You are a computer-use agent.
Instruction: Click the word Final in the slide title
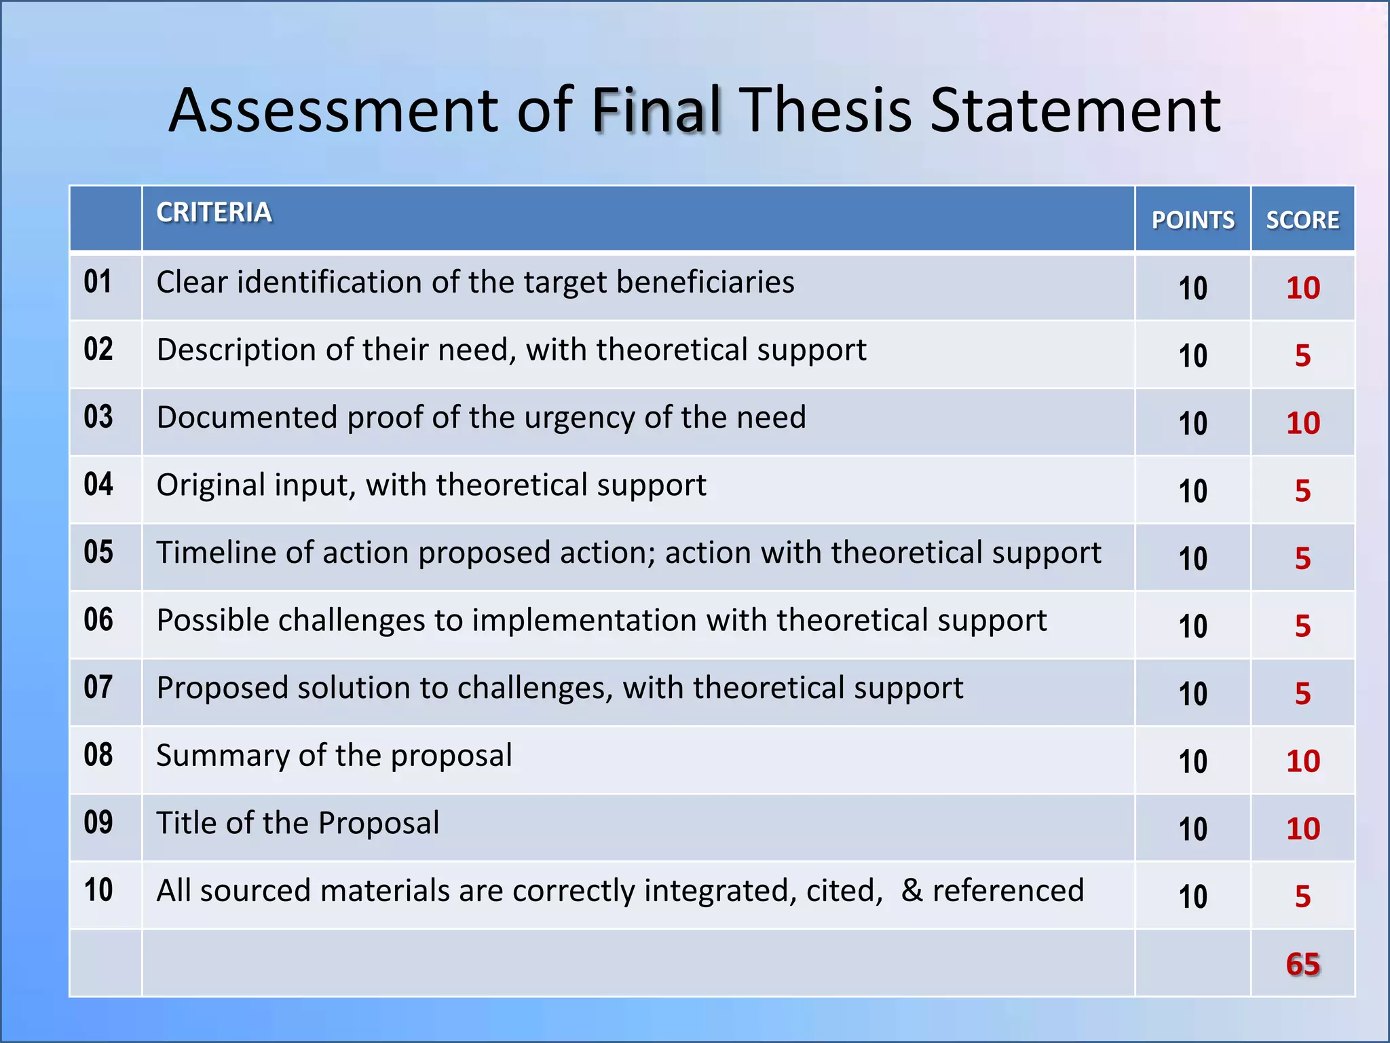pos(656,110)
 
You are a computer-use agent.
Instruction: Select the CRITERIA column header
pos(214,213)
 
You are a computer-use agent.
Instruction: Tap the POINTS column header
pos(1192,220)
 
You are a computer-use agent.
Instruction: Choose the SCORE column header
pos(1302,220)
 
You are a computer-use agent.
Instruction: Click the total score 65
pos(1302,964)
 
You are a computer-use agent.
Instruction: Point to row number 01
pos(98,282)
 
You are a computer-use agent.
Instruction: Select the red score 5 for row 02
pos(1302,356)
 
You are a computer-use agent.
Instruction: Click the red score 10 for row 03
pos(1302,423)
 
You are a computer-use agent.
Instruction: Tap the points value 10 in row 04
pos(1192,491)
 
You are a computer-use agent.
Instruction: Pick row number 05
pos(98,552)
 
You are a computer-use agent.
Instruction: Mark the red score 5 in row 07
pos(1302,693)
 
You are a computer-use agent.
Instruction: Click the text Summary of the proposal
pos(334,756)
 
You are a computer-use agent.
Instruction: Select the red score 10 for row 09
pos(1302,828)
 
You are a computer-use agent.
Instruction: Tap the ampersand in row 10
pos(912,891)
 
